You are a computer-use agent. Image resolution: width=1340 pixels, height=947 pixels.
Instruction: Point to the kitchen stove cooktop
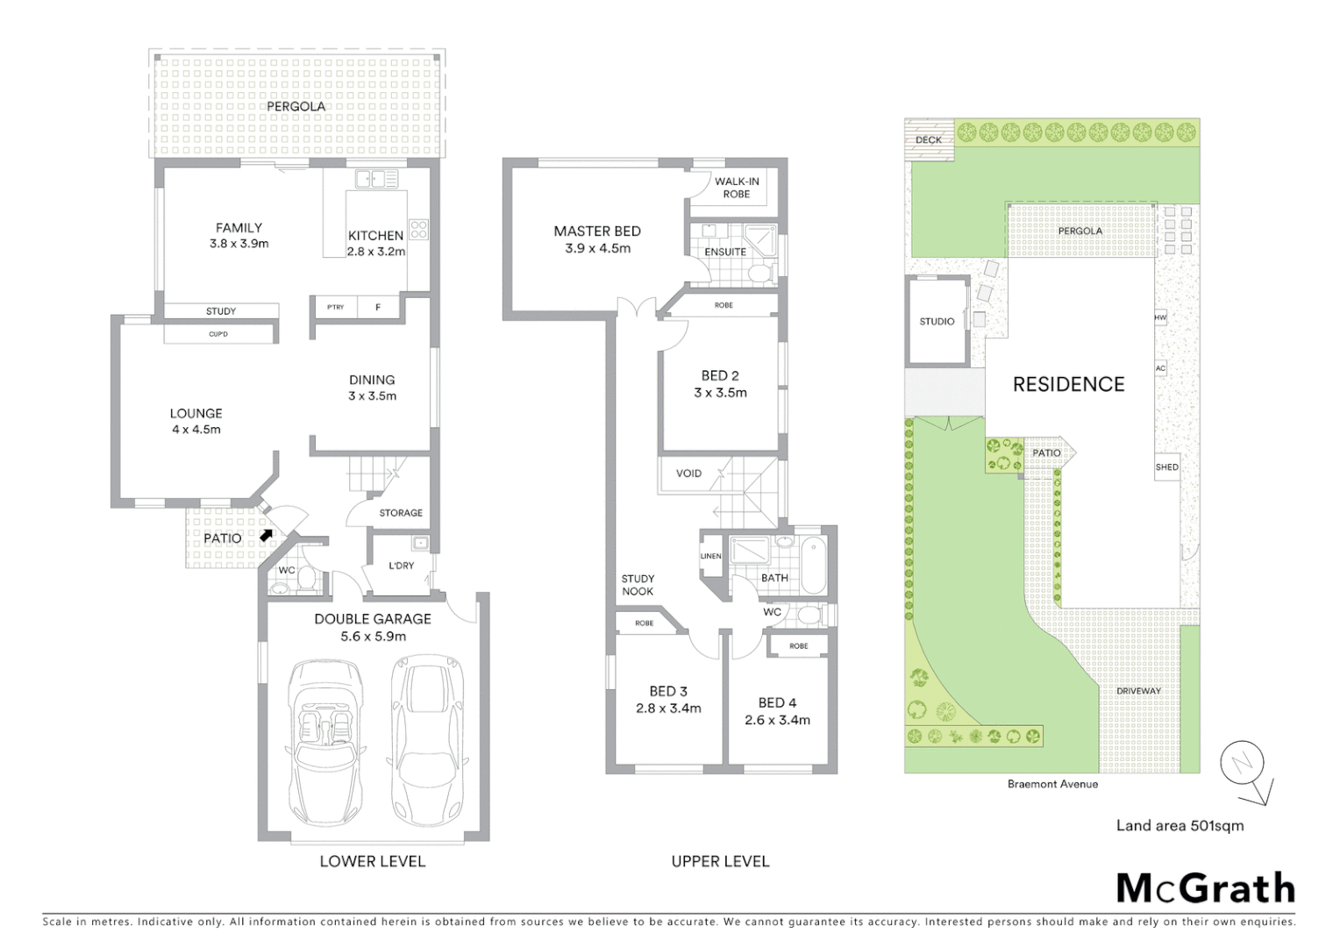[x=419, y=230]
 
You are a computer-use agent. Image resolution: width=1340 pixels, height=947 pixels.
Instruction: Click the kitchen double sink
[x=378, y=180]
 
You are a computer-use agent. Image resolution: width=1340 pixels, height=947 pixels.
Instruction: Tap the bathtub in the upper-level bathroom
[x=813, y=561]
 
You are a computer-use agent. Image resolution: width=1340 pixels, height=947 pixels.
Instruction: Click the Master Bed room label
[x=597, y=231]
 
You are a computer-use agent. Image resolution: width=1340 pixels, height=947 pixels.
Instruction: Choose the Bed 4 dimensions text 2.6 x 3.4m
[x=777, y=720]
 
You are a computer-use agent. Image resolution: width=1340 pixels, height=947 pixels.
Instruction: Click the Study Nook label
[x=638, y=585]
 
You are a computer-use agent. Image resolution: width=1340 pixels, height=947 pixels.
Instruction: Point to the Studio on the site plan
[x=937, y=321]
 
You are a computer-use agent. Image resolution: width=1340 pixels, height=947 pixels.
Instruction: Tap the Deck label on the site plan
[x=928, y=139]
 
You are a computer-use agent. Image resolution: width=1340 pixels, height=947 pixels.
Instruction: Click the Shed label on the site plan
[x=1166, y=467]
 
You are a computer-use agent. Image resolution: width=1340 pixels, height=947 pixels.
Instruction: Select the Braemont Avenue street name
[x=1052, y=784]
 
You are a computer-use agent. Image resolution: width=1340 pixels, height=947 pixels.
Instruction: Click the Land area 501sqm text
[x=1180, y=825]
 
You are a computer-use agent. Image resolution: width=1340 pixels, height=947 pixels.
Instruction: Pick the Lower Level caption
[x=372, y=861]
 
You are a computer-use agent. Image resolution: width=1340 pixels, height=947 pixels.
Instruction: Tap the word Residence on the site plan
[x=1068, y=384]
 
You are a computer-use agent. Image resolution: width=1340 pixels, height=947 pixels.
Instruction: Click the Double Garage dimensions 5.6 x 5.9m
[x=373, y=636]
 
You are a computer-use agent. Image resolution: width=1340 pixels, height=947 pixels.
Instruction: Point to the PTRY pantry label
[x=335, y=307]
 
